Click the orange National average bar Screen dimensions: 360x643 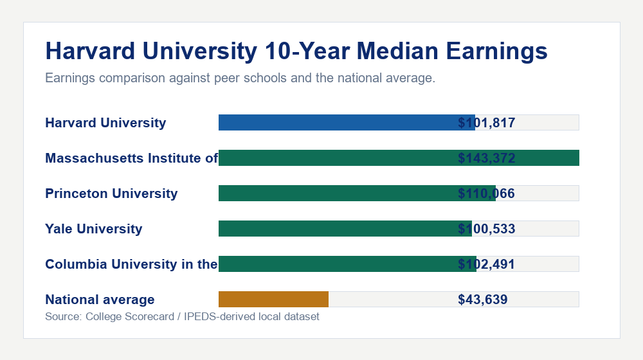[273, 299]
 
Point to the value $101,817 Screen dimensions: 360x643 [487, 123]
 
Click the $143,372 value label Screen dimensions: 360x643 [487, 158]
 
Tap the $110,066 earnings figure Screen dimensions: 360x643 [487, 194]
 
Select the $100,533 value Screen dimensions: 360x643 [487, 229]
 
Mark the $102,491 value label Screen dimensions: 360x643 [487, 264]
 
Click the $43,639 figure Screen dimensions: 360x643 [483, 300]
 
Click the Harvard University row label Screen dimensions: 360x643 [105, 123]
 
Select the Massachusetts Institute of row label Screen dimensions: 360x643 [131, 158]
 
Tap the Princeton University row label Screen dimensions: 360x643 [111, 194]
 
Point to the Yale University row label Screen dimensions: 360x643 [94, 229]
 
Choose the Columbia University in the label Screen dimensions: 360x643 [131, 264]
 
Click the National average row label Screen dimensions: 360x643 [100, 300]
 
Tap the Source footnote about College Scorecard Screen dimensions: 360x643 [182, 317]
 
